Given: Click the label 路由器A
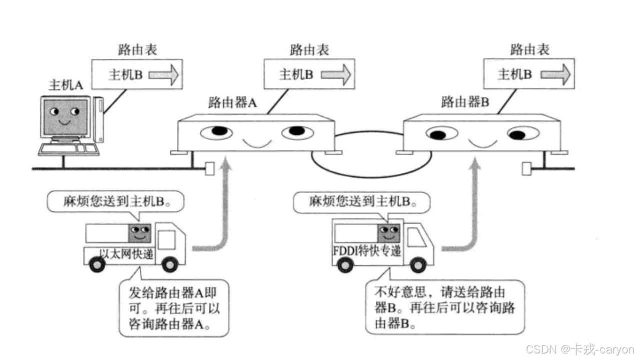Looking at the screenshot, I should coord(232,103).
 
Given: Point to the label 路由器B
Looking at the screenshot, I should coord(464,103).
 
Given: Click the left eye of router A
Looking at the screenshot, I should coord(217,132).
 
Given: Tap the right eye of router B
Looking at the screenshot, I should coord(523,133).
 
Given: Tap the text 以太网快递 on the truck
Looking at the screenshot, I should coord(126,253).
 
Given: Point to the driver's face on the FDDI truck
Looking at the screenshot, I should coord(388,232).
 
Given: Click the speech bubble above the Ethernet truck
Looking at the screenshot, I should coord(115,202).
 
